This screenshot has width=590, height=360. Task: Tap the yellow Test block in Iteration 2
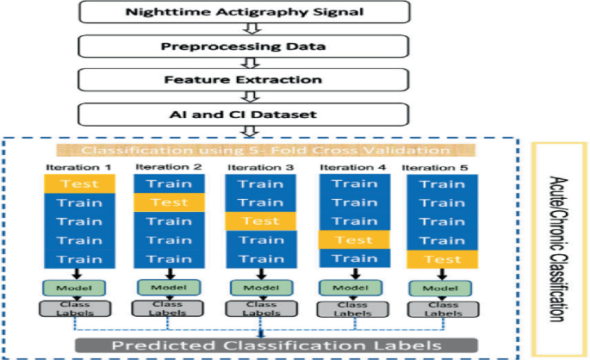click(169, 202)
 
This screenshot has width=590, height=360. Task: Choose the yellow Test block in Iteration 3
click(260, 221)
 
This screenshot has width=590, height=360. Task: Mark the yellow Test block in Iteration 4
click(354, 240)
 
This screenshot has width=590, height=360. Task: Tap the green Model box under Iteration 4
click(353, 288)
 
